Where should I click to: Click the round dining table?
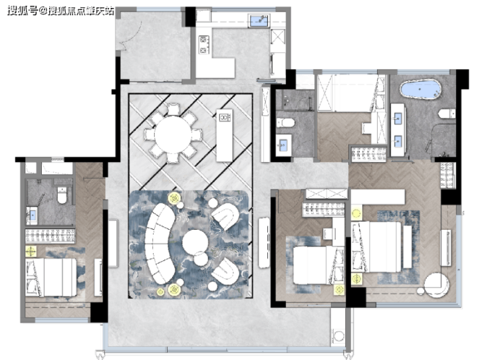(x=173, y=134)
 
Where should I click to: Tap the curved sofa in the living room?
(x=159, y=243)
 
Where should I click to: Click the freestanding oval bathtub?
(x=420, y=90)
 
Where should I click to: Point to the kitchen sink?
(x=260, y=21)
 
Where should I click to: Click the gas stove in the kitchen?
(x=203, y=45)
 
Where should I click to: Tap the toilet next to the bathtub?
(x=447, y=113)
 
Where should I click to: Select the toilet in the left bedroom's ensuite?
(x=62, y=195)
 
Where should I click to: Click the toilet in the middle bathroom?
(x=285, y=122)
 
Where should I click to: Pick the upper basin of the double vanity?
(x=398, y=119)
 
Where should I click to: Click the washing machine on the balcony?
(x=338, y=335)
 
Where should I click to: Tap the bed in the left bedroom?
(x=51, y=277)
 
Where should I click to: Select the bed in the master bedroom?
(x=376, y=247)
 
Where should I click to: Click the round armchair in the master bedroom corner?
(x=436, y=285)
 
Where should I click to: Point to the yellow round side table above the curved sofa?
(x=174, y=198)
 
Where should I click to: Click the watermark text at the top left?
(x=61, y=11)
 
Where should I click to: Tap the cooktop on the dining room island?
(x=224, y=118)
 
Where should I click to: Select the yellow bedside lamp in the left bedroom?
(x=31, y=251)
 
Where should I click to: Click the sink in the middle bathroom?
(x=283, y=145)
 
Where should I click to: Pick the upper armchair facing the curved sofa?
(x=225, y=217)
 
